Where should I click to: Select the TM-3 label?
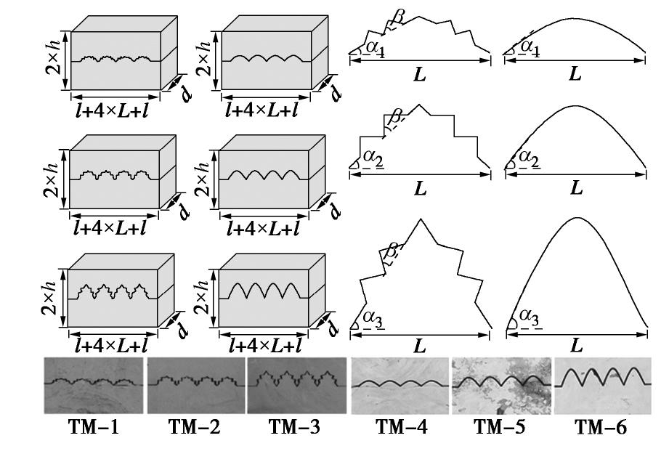click(296, 428)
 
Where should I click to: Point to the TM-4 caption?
click(402, 428)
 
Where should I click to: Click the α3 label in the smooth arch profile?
click(529, 319)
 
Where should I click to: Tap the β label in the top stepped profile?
click(397, 16)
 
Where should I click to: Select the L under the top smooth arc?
click(575, 73)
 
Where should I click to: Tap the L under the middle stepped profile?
click(420, 187)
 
